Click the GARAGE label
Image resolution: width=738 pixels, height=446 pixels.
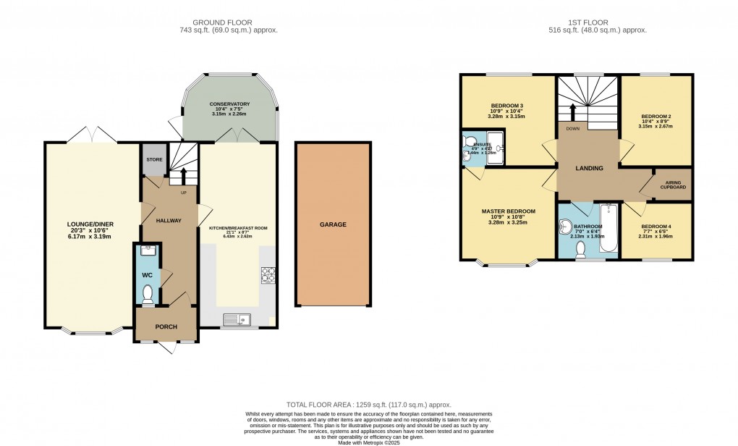333,224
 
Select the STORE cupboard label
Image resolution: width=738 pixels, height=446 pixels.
153,159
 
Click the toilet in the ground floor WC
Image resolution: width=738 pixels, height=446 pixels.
148,294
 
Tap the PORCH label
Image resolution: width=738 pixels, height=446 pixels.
166,327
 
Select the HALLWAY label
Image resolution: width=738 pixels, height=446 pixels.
169,220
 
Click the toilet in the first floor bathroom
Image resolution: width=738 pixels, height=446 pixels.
580,248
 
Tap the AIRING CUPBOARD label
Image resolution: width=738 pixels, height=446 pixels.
672,184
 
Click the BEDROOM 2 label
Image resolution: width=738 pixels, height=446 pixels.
656,116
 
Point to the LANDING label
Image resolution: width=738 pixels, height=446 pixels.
589,169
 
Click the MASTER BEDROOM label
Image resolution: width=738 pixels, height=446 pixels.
509,211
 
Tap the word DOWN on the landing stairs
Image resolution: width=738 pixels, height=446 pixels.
573,128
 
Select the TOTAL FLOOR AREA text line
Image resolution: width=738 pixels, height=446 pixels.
369,405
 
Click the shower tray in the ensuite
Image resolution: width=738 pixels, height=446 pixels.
495,148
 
